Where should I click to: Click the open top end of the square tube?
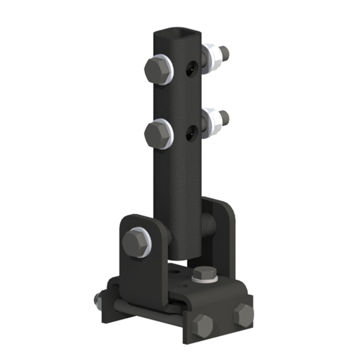point(177,33)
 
